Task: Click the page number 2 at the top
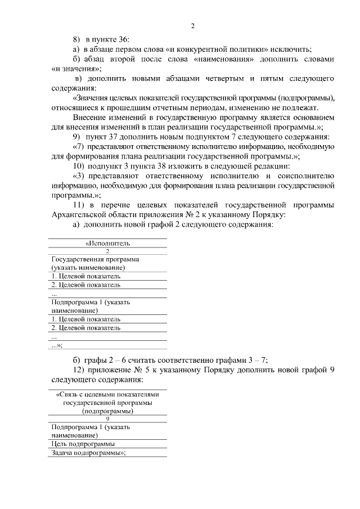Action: (x=192, y=26)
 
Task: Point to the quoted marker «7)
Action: (x=79, y=146)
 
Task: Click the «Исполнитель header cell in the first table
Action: (x=107, y=244)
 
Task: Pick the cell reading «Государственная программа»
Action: (x=95, y=259)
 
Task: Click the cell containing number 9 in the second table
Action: (x=107, y=419)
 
